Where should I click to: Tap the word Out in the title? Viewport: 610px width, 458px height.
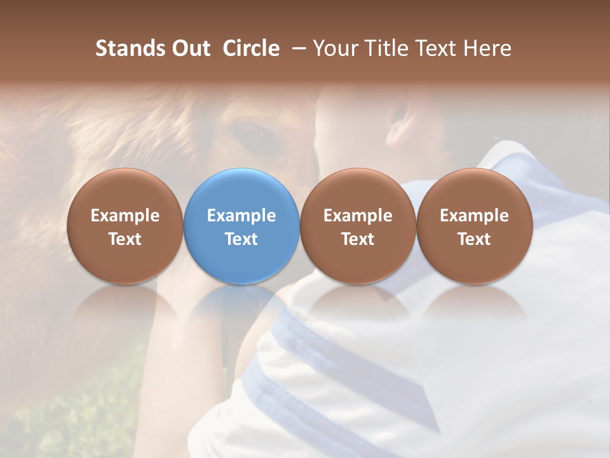(189, 48)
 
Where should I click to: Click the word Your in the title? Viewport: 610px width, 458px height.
(335, 48)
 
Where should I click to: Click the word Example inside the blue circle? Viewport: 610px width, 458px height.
(241, 216)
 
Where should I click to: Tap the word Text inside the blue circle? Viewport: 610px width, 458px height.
(241, 239)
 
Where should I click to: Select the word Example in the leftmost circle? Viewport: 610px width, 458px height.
(125, 216)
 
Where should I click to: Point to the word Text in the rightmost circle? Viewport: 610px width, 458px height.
(474, 239)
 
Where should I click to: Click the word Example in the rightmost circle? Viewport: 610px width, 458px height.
(474, 216)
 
